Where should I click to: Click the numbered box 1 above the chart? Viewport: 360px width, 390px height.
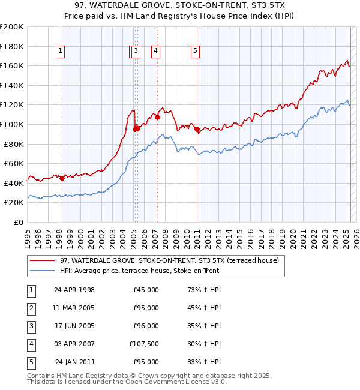(x=61, y=52)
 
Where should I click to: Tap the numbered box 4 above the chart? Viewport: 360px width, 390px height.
(x=155, y=52)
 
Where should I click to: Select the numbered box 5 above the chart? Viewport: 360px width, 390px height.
(x=196, y=52)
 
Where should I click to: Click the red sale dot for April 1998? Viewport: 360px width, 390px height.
(x=62, y=178)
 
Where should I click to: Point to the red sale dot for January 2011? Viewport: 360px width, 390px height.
(x=197, y=129)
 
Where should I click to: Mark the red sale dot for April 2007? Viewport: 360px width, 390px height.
(x=157, y=118)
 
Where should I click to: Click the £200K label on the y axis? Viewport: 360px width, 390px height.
(x=12, y=27)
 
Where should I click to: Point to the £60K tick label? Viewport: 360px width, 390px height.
(x=14, y=163)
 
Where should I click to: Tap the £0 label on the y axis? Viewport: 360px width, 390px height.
(x=19, y=222)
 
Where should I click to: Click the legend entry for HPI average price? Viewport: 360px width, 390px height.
(x=139, y=271)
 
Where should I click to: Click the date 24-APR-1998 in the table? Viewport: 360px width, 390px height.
(x=74, y=290)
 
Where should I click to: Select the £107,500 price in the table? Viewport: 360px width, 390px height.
(x=144, y=344)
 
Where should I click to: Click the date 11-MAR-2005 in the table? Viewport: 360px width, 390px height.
(x=74, y=308)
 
